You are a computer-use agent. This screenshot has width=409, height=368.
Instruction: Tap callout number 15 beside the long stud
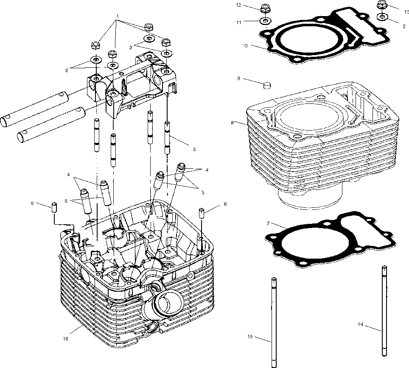coord(250,337)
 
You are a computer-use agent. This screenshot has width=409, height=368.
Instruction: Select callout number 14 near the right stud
coord(360,324)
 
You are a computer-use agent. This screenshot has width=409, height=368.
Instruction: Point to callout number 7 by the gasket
coord(268,223)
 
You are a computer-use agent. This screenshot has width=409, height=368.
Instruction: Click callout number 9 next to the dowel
coord(250,78)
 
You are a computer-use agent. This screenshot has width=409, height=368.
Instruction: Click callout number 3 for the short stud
coord(193,149)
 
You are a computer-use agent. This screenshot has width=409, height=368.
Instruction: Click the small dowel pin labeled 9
coord(266,86)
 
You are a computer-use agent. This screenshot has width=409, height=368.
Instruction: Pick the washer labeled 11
coord(265,20)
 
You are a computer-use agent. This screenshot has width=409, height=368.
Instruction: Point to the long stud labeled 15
coord(274,322)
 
